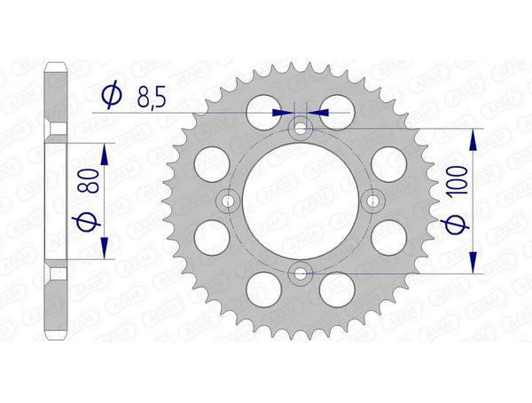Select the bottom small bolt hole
pos(301,273)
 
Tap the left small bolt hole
pos(231,201)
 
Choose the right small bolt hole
pos(372,201)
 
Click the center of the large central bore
pos(301,201)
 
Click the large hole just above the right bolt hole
pos(387,164)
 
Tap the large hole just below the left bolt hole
pos(211,239)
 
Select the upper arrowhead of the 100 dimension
pos(474,138)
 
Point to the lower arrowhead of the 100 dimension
pos(474,265)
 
